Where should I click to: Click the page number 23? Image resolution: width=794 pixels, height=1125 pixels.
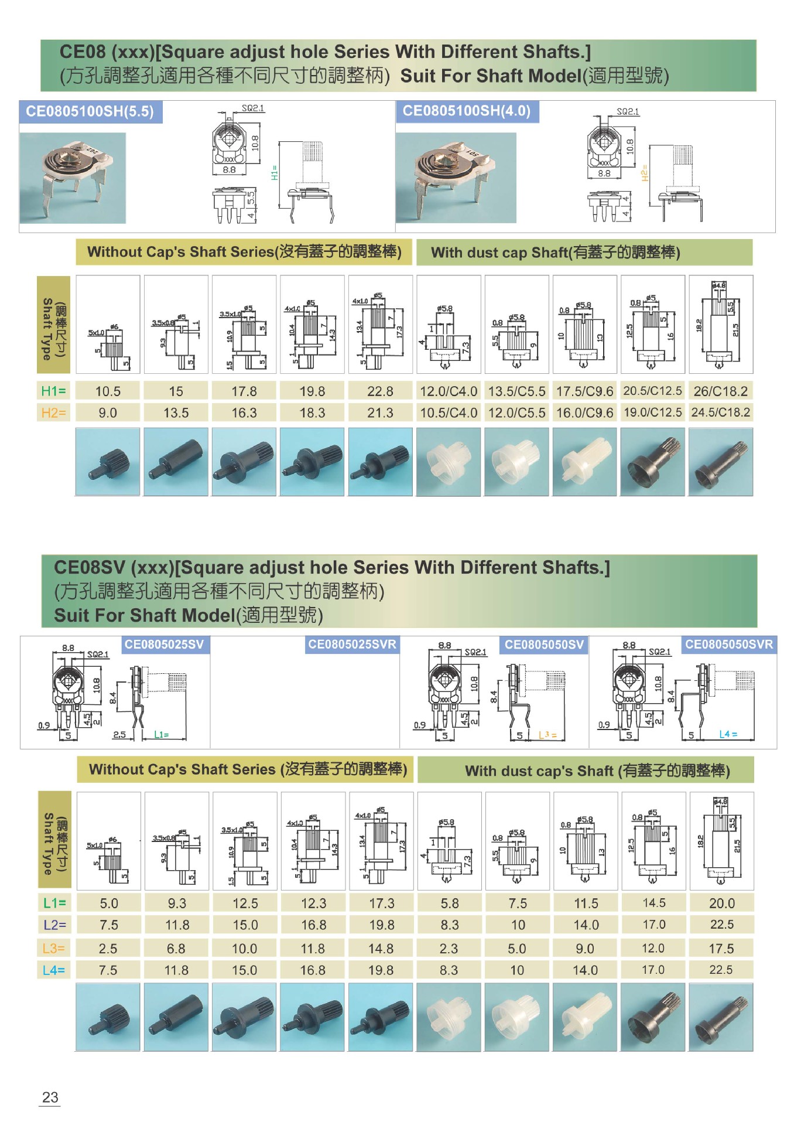point(50,1097)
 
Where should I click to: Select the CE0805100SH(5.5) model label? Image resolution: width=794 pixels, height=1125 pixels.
point(90,111)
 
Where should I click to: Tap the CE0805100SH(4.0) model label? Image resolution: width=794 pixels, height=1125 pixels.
point(467,111)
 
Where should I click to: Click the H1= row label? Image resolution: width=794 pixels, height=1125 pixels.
point(53,391)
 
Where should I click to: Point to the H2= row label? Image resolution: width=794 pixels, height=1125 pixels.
point(53,413)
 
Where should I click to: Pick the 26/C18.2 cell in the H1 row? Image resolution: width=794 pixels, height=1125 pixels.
point(721,391)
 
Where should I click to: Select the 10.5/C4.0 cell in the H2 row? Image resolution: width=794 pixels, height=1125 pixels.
point(449,413)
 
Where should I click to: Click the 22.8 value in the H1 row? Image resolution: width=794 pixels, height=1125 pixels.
point(380,391)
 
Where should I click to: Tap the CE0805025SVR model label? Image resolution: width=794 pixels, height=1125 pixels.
point(352,645)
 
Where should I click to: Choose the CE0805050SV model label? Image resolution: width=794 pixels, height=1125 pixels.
point(544,645)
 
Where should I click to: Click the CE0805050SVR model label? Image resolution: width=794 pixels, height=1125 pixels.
point(729,645)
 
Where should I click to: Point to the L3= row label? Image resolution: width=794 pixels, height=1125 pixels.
point(54,948)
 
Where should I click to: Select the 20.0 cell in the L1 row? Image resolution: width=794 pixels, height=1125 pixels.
point(721,904)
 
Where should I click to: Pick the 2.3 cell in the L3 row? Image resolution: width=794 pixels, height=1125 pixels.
point(449,948)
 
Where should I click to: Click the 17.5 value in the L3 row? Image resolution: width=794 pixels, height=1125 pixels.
point(721,948)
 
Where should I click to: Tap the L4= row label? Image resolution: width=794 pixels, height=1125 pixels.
point(54,970)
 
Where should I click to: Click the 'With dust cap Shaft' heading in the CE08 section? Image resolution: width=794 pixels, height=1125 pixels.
point(555,253)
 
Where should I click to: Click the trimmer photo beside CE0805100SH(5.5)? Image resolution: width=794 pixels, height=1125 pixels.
point(73,178)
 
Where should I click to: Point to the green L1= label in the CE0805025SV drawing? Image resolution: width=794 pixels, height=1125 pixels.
point(161,735)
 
